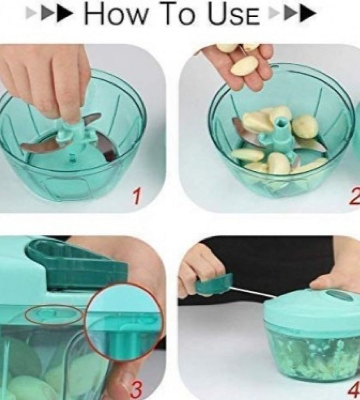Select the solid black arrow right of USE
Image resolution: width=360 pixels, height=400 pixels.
[308, 14]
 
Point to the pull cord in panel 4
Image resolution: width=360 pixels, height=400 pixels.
[252, 292]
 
